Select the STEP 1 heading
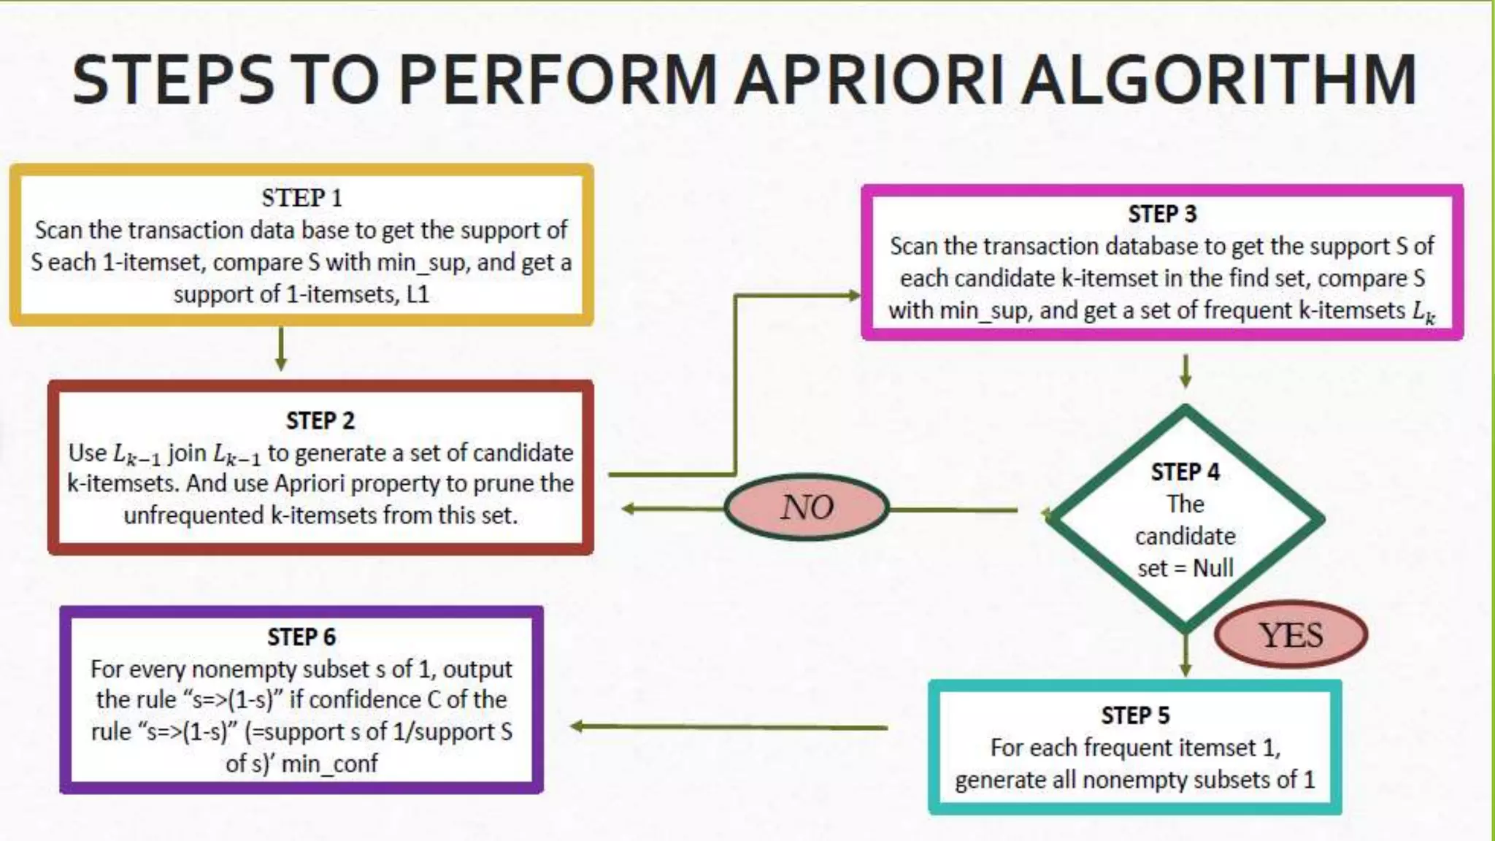click(301, 198)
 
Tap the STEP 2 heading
click(320, 420)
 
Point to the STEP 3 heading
click(1162, 214)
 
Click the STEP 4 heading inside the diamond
click(1185, 472)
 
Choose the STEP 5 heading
click(1135, 715)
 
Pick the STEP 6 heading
click(301, 637)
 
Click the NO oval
click(807, 507)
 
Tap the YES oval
click(1291, 635)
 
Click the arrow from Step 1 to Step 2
click(281, 349)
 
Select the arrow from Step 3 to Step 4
click(1185, 371)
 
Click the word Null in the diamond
click(1212, 568)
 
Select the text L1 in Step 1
click(418, 294)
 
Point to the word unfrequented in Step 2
click(194, 515)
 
